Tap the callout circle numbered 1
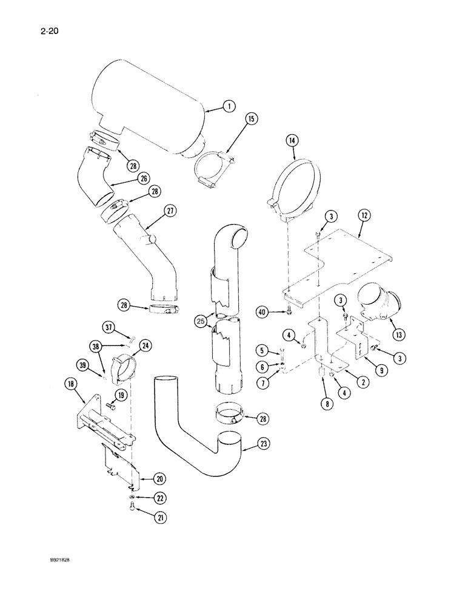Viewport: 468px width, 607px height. [228, 107]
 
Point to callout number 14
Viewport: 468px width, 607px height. [292, 141]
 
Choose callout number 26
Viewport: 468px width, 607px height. [143, 178]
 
